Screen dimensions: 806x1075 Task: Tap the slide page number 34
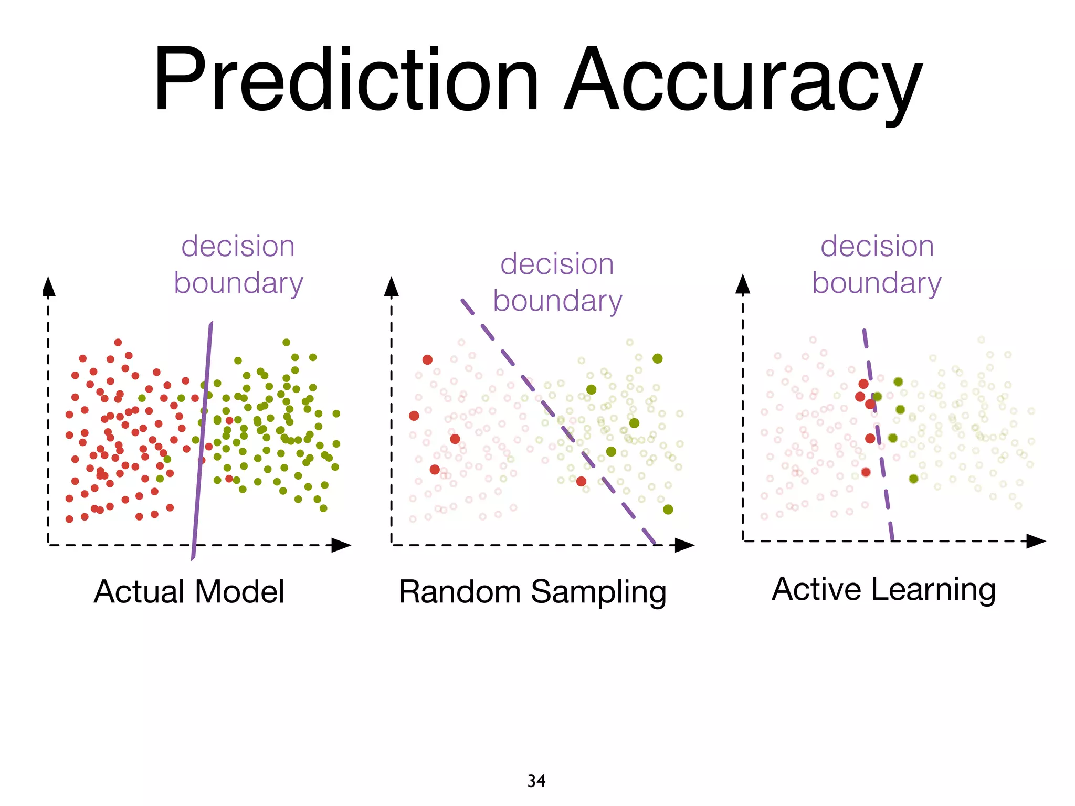(536, 781)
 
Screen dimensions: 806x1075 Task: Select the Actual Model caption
(189, 591)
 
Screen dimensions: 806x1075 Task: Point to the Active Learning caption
(883, 589)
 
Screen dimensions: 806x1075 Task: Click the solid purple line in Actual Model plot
(202, 441)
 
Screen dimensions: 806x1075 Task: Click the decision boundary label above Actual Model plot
(238, 264)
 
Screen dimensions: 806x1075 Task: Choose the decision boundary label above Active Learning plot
(877, 264)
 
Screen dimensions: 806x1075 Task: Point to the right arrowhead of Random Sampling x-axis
(684, 545)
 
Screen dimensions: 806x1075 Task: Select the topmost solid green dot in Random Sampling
(658, 358)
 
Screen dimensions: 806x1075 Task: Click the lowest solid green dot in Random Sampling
(668, 509)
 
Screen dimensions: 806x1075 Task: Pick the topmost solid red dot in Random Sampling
(427, 359)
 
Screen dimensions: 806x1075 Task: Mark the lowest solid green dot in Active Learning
(913, 479)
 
